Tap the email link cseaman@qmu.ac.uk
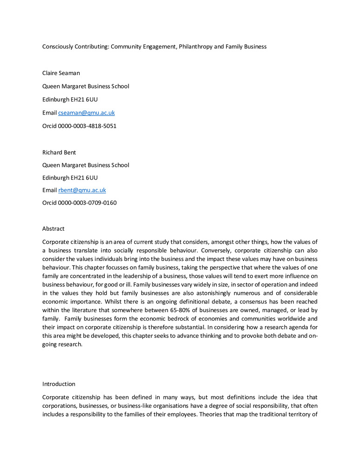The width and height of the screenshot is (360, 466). point(87,113)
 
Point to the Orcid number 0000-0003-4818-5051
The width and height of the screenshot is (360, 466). point(87,126)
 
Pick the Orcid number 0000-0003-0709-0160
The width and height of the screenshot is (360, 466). point(87,203)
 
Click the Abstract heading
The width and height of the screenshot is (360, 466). point(54,229)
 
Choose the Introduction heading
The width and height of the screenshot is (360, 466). point(59,384)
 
